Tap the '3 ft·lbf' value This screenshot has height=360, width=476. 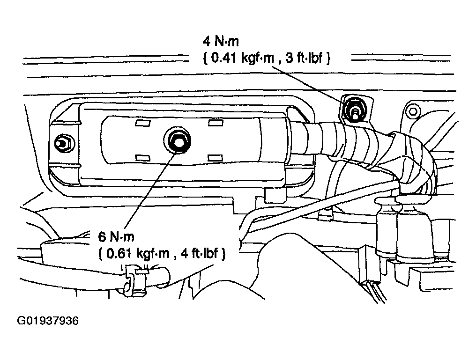[x=305, y=58]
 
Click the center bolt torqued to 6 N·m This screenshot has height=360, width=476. [x=177, y=139]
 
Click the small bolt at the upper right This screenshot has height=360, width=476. [x=412, y=111]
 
